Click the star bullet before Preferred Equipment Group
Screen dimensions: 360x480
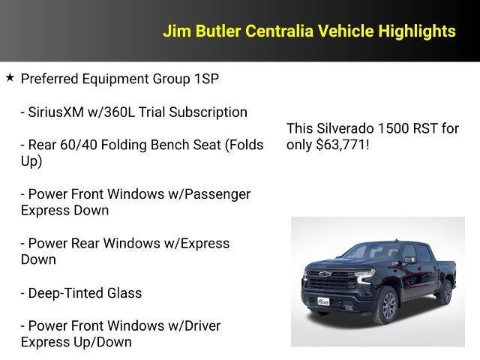point(10,77)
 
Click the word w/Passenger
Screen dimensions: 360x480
point(212,194)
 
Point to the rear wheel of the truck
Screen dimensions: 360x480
point(446,291)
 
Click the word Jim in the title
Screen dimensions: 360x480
point(175,31)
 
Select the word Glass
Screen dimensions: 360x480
point(124,293)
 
